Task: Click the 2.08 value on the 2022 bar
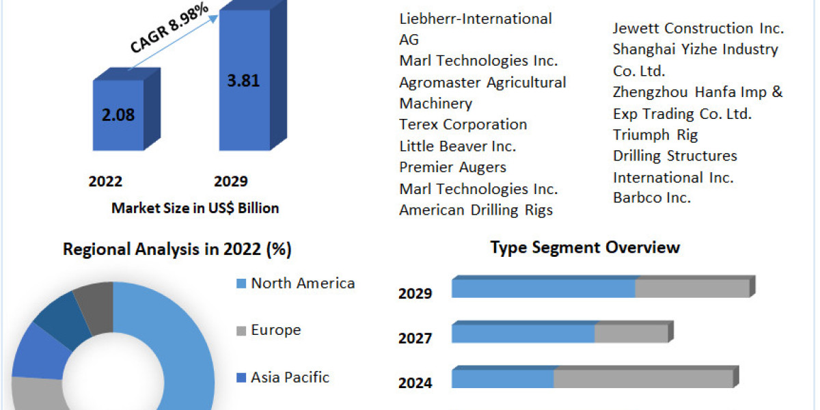click(x=118, y=114)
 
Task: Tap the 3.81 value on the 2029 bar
click(x=243, y=80)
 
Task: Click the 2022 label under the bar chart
click(x=105, y=181)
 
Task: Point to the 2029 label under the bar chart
click(x=231, y=181)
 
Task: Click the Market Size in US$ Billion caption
click(x=195, y=208)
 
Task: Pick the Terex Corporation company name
click(x=463, y=124)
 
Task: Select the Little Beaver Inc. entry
click(x=457, y=146)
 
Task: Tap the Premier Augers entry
click(x=452, y=167)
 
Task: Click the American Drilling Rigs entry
click(x=476, y=210)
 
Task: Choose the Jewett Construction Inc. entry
click(x=698, y=28)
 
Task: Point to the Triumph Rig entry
click(x=655, y=135)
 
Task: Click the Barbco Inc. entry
click(x=651, y=198)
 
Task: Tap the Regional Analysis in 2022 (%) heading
click(x=177, y=249)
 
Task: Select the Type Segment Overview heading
click(x=585, y=247)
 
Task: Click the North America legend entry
click(x=302, y=283)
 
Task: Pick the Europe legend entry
click(x=275, y=330)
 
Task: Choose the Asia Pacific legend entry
click(x=290, y=377)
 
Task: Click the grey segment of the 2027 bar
click(x=631, y=333)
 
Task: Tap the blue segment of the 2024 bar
click(x=502, y=378)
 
